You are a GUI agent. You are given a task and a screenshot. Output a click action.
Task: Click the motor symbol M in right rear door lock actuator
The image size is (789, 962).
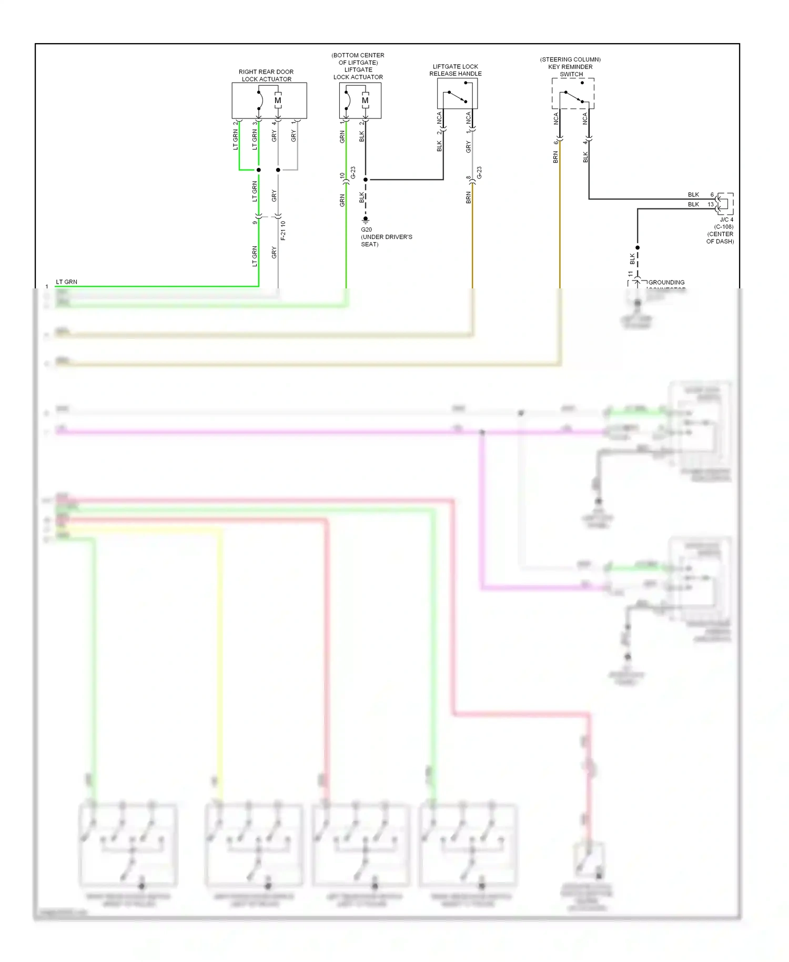278,101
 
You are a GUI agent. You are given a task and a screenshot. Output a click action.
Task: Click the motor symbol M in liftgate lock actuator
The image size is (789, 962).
365,101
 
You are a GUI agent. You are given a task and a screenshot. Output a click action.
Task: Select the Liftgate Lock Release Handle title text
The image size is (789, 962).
456,70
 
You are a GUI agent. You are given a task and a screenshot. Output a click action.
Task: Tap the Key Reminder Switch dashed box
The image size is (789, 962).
573,94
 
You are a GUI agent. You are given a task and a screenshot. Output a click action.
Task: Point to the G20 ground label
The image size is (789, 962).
366,229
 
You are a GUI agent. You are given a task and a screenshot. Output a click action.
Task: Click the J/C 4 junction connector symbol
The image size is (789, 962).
726,204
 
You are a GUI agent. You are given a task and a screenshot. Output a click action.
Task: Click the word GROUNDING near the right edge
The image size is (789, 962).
666,283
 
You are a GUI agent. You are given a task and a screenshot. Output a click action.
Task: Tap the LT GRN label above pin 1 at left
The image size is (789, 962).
66,282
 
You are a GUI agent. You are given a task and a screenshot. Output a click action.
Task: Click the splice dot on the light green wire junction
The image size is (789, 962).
258,170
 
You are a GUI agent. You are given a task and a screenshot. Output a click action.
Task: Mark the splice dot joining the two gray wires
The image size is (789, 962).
278,170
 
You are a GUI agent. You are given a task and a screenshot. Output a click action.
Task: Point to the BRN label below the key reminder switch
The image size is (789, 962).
555,157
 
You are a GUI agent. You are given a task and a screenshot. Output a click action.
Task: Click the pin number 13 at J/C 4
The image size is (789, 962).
711,205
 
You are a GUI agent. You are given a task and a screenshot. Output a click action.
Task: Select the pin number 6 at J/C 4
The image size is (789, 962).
712,195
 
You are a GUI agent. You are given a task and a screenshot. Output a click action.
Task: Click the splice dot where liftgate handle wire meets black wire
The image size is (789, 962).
366,180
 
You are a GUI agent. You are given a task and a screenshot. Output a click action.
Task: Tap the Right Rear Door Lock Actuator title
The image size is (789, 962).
266,75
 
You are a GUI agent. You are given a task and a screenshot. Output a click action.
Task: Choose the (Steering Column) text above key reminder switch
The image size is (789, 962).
570,59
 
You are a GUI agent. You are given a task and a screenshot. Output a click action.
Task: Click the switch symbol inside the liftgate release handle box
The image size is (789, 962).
457,97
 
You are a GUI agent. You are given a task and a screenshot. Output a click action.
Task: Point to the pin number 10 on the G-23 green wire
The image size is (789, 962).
342,176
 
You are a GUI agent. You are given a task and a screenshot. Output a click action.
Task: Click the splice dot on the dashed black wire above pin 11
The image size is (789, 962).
638,247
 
